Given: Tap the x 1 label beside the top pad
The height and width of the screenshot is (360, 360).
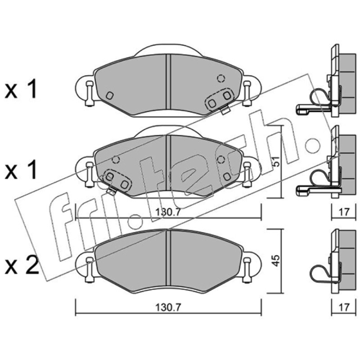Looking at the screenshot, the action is [21, 89].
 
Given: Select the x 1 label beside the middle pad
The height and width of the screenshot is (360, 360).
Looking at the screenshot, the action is [21, 170].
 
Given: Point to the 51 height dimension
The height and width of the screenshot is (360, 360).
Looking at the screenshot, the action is [277, 162].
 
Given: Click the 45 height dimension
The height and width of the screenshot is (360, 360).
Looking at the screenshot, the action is [276, 261].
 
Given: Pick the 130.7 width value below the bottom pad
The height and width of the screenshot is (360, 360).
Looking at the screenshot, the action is [168, 307].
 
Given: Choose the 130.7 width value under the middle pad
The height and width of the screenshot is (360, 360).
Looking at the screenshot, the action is [168, 212].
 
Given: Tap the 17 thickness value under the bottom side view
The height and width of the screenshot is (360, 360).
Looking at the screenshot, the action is [344, 307].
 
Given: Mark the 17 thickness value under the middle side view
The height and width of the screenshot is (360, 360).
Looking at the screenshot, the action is [344, 212].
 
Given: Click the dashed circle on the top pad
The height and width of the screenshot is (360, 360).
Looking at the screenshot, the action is [221, 78].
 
